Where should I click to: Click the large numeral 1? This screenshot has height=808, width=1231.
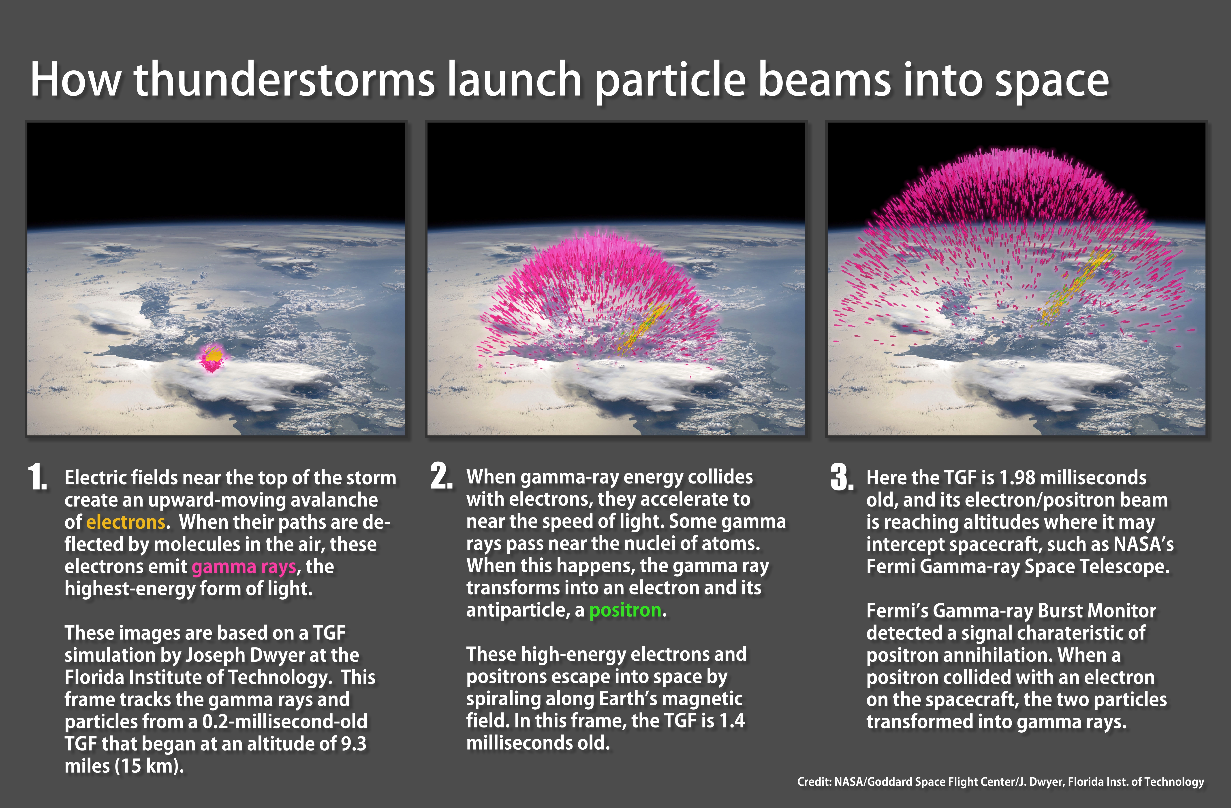pos(38,477)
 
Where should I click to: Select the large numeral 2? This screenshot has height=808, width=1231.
pos(441,476)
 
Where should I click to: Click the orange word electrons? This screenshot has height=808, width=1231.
pos(126,522)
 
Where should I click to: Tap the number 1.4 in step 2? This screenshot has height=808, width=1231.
pos(732,721)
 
